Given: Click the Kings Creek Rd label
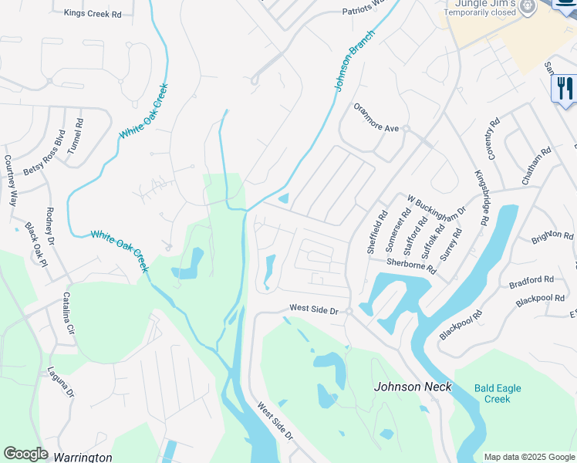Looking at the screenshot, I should (93, 13).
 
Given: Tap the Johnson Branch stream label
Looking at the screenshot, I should (355, 62).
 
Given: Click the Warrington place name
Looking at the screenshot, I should (83, 457).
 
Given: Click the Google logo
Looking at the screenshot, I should (25, 454).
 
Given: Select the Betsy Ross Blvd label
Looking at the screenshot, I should (43, 154).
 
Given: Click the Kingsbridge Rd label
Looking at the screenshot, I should (481, 198).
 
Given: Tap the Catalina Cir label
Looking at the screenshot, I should (67, 313).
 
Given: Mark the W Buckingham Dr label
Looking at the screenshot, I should (437, 209).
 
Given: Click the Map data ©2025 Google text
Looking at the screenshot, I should (529, 457).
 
